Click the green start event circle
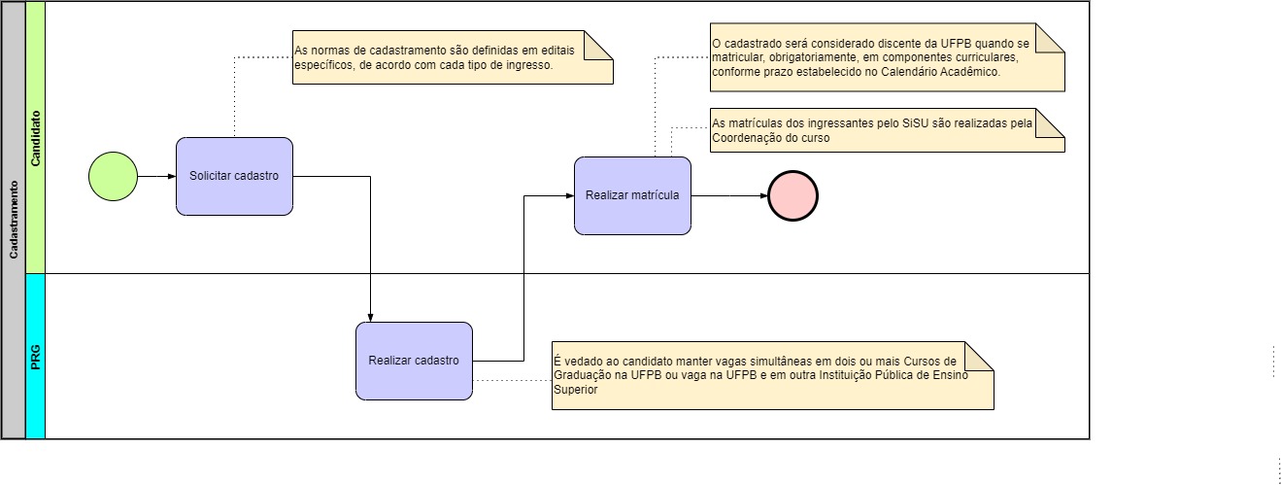pyautogui.click(x=113, y=177)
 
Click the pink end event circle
pyautogui.click(x=792, y=196)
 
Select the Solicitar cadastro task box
pyautogui.click(x=234, y=177)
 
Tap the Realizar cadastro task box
pyautogui.click(x=414, y=361)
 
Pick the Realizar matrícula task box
pyautogui.click(x=632, y=195)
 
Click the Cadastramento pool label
pyautogui.click(x=14, y=220)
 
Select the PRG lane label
pyautogui.click(x=35, y=357)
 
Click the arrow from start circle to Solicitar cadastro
pyautogui.click(x=156, y=177)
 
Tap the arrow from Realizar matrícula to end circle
pyautogui.click(x=728, y=196)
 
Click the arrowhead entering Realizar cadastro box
pyautogui.click(x=371, y=316)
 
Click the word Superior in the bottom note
pyautogui.click(x=576, y=389)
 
